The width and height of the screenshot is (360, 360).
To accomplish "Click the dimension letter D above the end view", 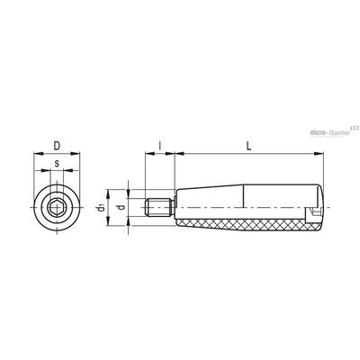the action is point(57,146).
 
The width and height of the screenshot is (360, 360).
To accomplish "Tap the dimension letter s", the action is point(57,164).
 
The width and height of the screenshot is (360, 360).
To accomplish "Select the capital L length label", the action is point(248,146).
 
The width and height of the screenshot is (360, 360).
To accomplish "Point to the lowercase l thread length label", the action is point(160,146).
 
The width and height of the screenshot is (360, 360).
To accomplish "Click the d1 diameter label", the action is point(101,207).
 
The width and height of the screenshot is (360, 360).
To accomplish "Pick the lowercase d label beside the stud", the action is point(121,207).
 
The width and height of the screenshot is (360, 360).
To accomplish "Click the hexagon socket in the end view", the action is point(57,207).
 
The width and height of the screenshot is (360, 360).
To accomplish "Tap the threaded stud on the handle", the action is point(159,207).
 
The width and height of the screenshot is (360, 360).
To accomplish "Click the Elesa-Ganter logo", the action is point(334,131).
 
